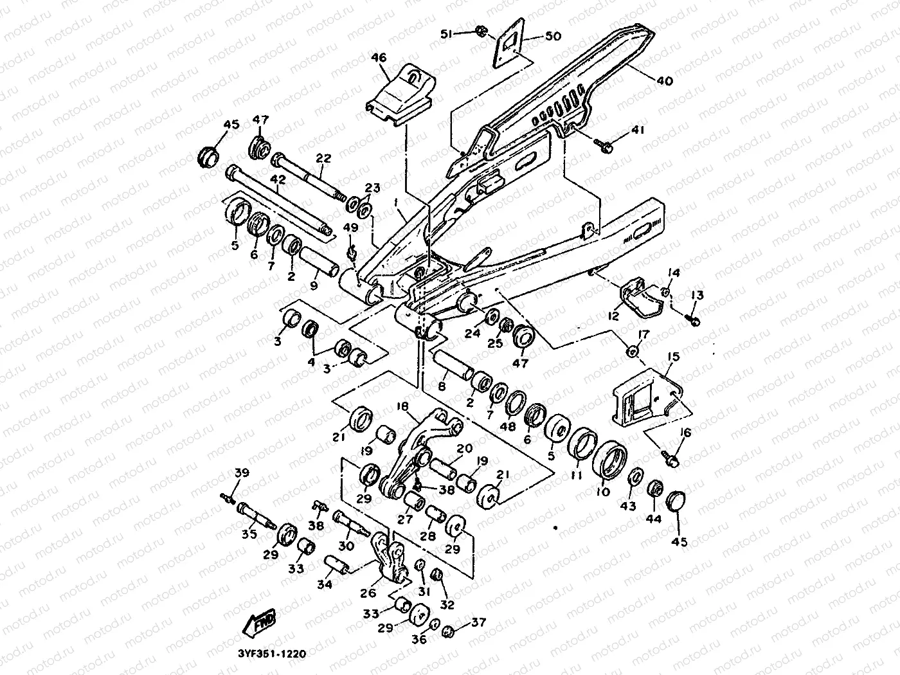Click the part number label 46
379,59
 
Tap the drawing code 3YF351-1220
267,654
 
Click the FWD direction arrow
259,622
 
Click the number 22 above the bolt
323,158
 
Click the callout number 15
673,356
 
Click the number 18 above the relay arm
402,408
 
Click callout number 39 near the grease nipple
241,474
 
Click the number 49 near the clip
351,228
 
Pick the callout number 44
654,518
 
